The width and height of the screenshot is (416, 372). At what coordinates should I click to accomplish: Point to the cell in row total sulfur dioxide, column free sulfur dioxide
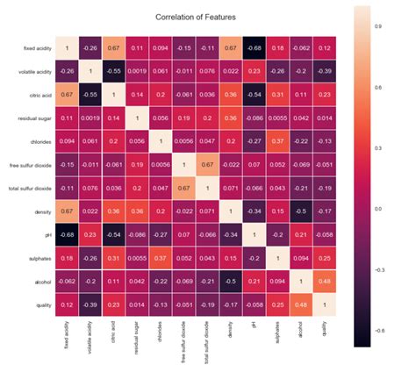pos(182,188)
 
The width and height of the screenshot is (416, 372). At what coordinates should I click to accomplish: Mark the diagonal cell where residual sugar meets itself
pos(135,116)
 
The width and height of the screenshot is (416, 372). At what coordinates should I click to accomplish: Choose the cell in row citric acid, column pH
pos(253,92)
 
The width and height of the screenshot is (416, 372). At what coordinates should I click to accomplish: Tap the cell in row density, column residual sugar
pos(135,211)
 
